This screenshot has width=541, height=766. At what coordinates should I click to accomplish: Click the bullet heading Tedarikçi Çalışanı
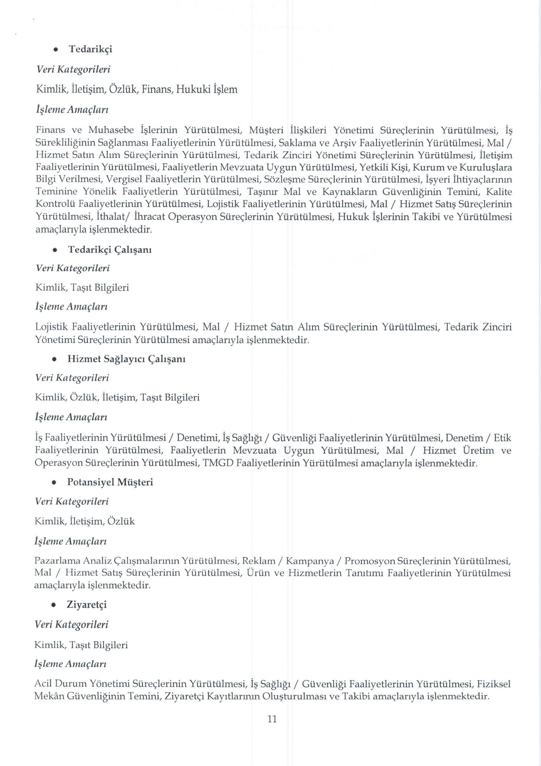[110, 250]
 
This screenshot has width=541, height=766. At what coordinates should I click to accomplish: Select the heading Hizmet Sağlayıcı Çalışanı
[126, 359]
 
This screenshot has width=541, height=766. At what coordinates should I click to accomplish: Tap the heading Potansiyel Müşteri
[110, 482]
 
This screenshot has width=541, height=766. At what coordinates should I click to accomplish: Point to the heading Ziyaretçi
[86, 604]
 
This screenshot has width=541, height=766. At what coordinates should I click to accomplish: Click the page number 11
[272, 719]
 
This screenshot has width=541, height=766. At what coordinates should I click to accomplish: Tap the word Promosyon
[369, 561]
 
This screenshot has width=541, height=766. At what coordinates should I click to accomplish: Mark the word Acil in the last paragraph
[43, 684]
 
